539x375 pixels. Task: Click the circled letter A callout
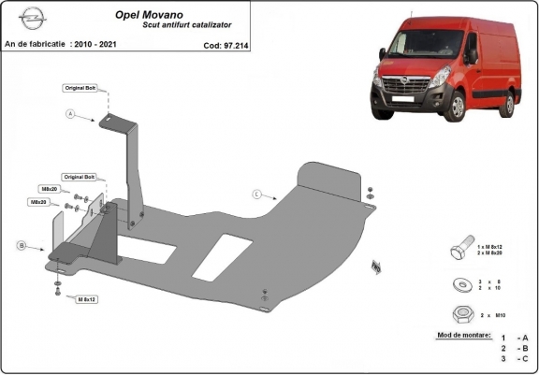(69, 115)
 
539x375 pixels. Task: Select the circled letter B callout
(20, 246)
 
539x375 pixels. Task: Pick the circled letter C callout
(255, 195)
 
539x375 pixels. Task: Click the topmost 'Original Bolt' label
(80, 88)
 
